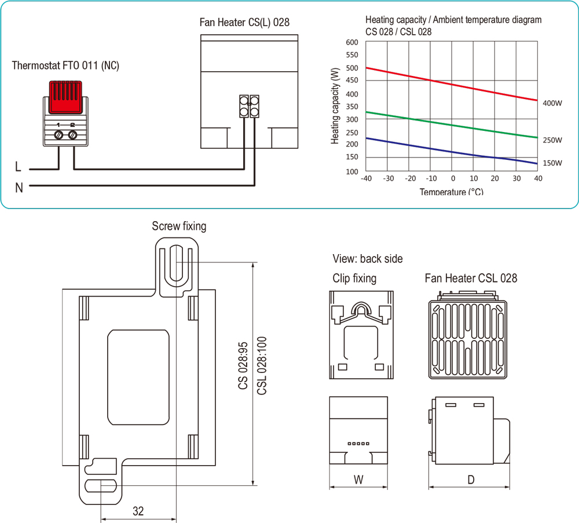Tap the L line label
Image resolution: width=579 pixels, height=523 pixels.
click(19, 168)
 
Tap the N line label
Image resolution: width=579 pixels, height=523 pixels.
click(19, 188)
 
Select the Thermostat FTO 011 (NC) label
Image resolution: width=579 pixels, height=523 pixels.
click(65, 65)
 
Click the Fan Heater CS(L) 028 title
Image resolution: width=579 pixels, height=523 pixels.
click(244, 23)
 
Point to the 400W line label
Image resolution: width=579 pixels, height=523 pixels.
click(552, 104)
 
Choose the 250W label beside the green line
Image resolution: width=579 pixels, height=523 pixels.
click(552, 140)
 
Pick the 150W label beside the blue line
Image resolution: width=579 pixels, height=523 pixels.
click(552, 163)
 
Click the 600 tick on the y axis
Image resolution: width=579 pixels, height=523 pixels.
click(351, 43)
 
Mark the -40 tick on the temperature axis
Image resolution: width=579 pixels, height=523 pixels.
click(366, 178)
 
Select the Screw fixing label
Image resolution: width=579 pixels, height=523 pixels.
click(179, 226)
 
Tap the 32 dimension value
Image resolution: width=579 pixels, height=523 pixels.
click(138, 511)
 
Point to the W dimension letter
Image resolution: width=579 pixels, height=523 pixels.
click(358, 479)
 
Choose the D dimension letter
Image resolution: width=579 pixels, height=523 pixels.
click(471, 479)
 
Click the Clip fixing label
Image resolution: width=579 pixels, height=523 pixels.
click(354, 279)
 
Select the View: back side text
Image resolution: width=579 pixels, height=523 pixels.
click(368, 259)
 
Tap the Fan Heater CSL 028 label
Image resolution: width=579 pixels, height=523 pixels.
click(471, 279)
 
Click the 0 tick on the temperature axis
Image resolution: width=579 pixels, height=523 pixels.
click(453, 178)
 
